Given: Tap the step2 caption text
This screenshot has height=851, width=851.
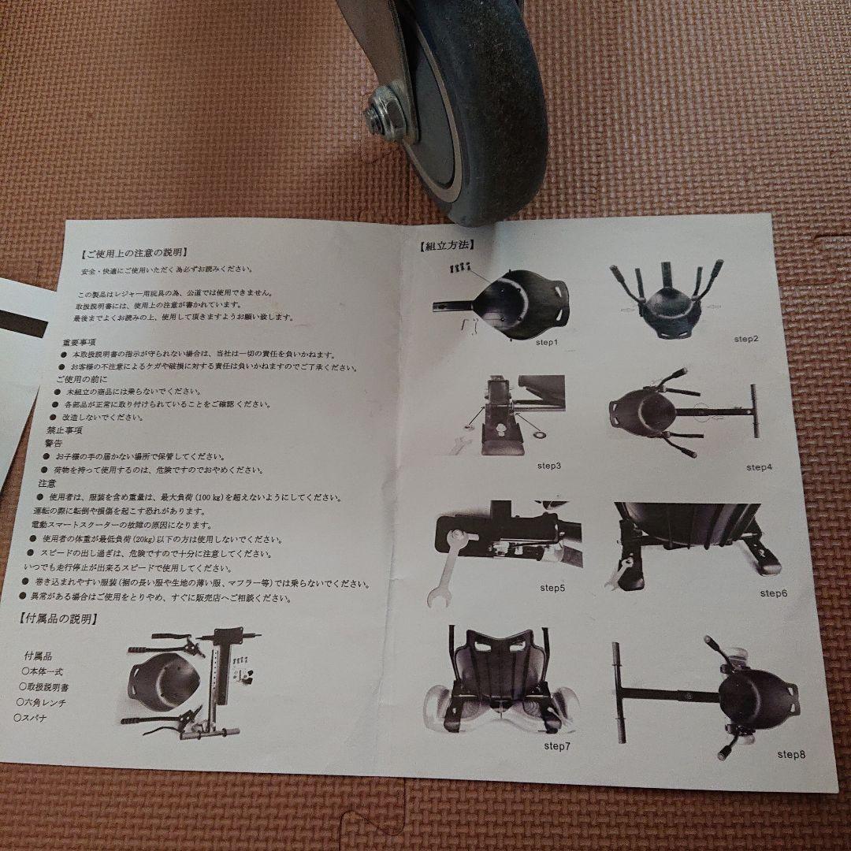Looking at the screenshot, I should point(745,339).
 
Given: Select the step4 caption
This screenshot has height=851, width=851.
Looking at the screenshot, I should point(759,467).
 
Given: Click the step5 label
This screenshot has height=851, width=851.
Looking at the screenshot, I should point(552,587).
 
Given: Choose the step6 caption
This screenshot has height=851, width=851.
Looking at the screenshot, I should point(773,592).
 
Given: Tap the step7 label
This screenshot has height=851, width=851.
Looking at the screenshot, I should point(557,745).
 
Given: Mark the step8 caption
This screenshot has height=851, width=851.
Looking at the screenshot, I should point(791,754).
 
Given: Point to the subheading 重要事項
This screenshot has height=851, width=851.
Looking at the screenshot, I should point(80,342).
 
